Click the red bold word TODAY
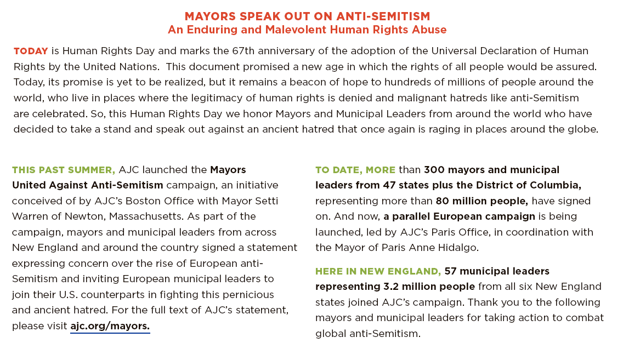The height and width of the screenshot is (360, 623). click(31, 51)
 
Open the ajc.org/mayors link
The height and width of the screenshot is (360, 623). click(110, 327)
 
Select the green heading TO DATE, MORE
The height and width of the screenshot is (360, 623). click(355, 170)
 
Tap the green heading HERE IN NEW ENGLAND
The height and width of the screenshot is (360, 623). click(378, 271)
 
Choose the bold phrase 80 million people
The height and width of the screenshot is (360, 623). click(482, 201)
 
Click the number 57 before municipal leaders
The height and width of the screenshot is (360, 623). click(451, 271)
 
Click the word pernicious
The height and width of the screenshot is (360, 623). click(244, 295)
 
